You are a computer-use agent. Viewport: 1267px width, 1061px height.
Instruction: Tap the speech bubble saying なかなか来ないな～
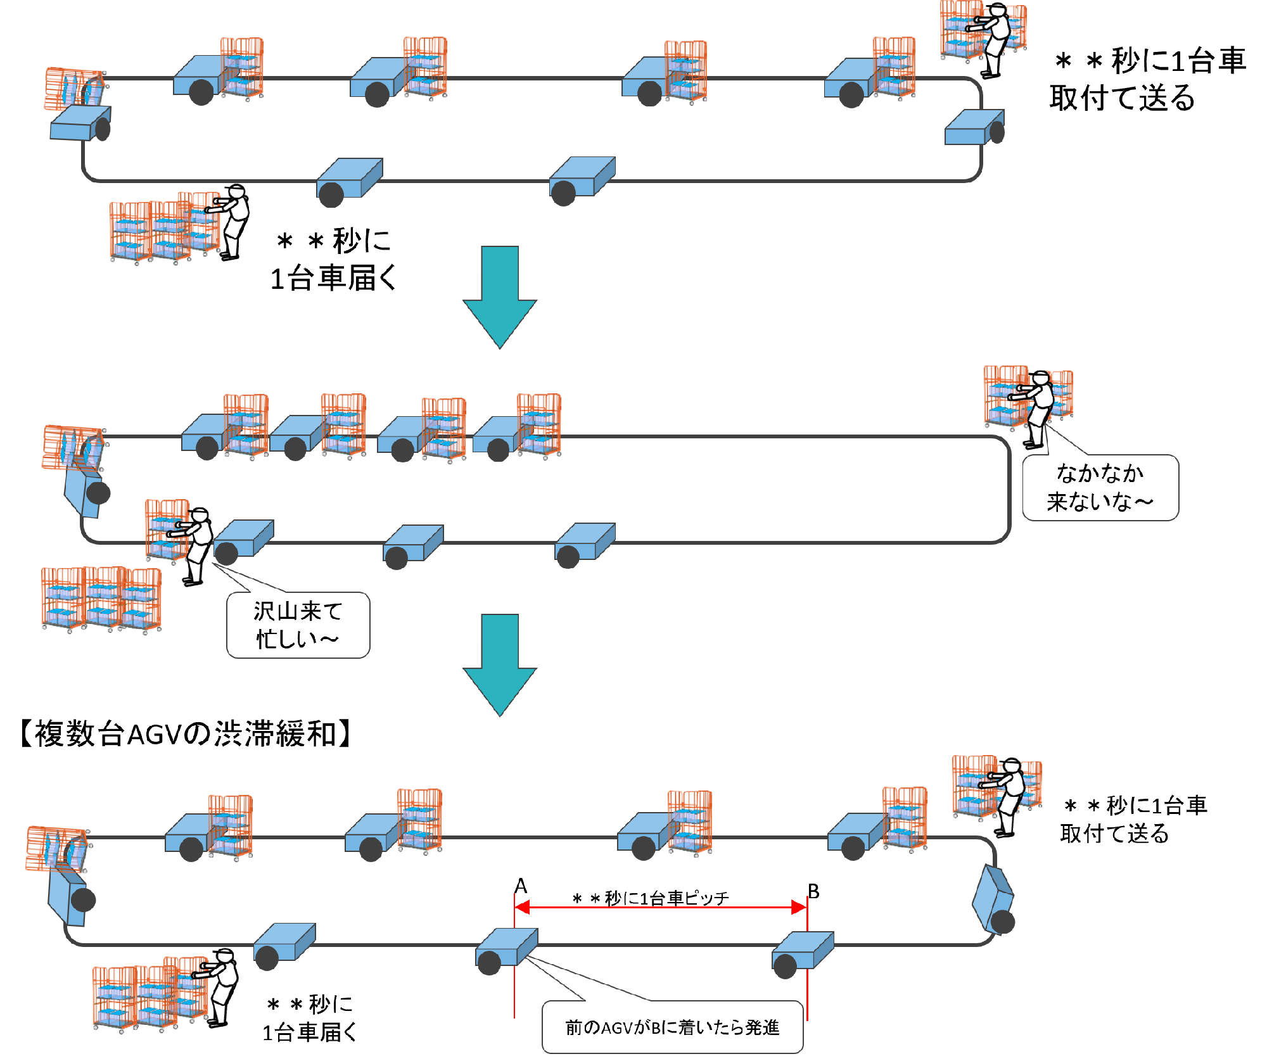[1100, 487]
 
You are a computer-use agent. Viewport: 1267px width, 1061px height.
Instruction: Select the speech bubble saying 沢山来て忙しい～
[298, 625]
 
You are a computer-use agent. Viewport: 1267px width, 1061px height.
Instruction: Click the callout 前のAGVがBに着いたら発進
[672, 1027]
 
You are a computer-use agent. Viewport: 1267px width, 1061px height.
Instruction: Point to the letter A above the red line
[521, 886]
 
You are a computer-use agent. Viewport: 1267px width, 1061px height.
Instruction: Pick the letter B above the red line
[813, 891]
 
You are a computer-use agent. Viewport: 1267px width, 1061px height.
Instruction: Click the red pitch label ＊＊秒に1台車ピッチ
[651, 898]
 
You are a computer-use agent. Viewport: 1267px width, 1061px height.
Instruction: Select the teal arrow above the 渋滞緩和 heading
[500, 664]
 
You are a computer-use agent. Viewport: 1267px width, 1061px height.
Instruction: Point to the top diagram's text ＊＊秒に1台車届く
[333, 260]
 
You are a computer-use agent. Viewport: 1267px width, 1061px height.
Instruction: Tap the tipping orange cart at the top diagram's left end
[74, 89]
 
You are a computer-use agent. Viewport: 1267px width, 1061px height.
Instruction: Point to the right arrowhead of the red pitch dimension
[799, 908]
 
